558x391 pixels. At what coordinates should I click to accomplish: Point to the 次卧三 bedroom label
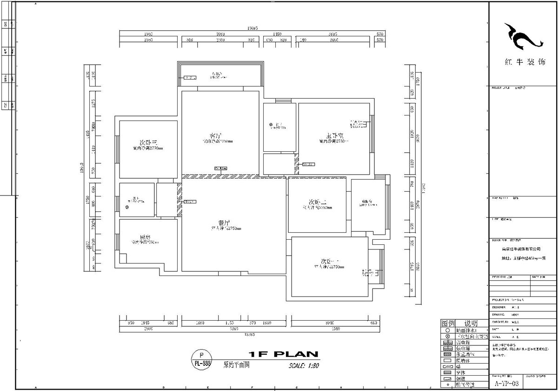148,142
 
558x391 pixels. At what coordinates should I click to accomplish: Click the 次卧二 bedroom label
318,202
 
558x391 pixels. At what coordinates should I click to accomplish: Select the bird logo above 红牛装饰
523,37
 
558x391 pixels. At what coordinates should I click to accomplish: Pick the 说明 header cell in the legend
471,323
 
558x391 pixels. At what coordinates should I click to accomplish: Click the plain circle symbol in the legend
447,330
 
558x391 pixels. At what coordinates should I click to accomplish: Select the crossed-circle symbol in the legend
447,336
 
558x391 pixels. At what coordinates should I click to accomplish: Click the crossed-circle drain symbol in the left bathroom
126,207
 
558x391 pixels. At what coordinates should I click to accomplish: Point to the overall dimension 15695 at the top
251,29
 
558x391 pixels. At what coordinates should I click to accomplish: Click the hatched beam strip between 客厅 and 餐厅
220,177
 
